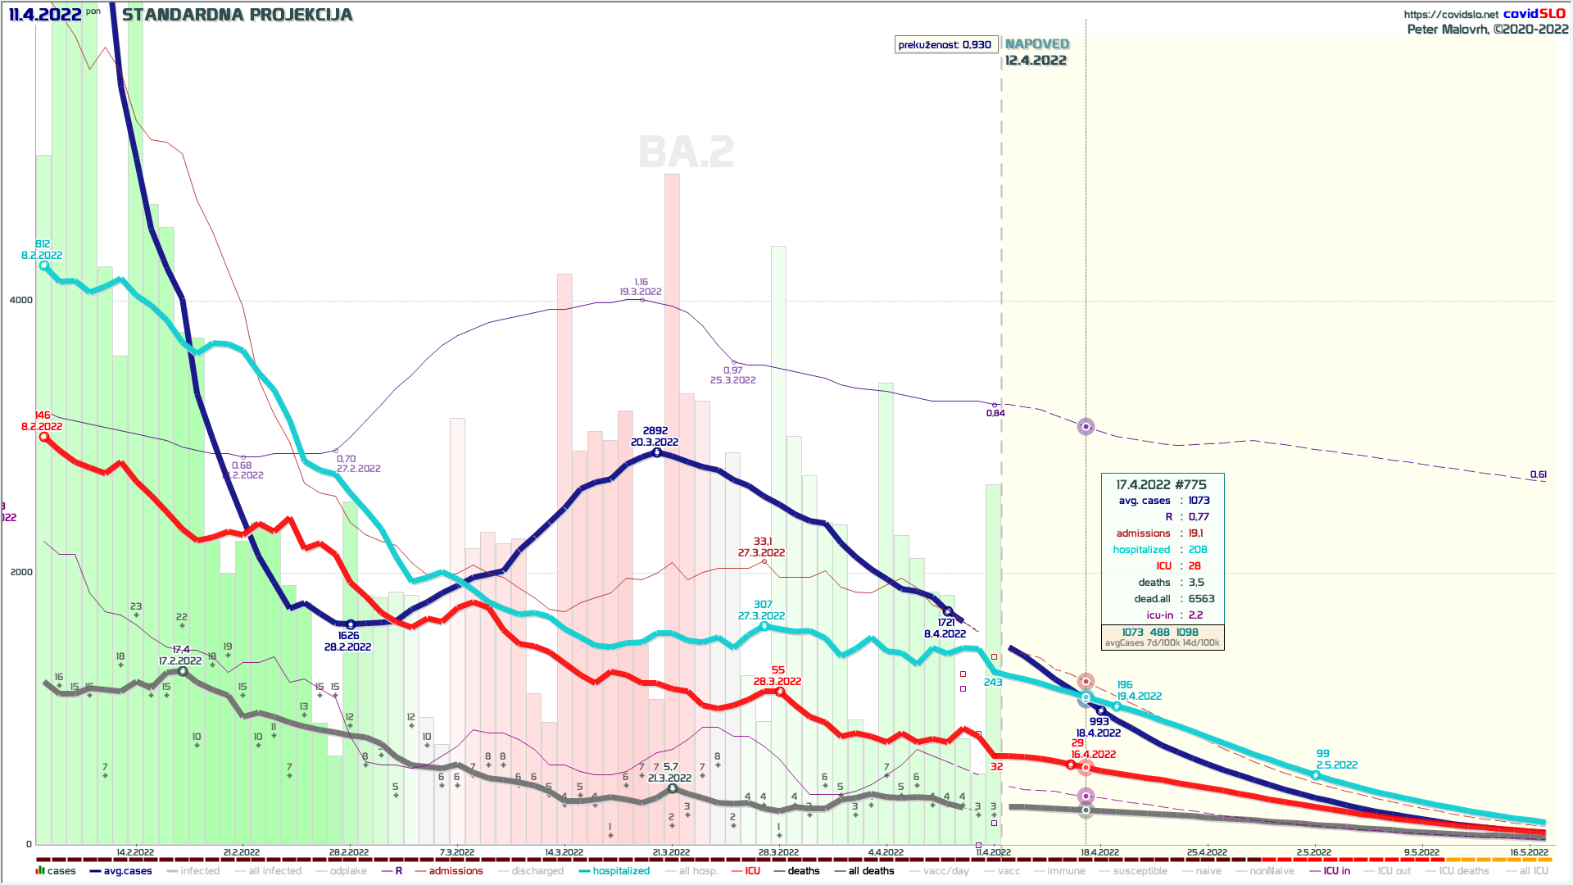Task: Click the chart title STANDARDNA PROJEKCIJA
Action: tap(237, 15)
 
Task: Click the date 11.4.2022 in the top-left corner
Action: tap(45, 15)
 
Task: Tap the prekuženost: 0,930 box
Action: tap(945, 45)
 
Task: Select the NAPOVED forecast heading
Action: tap(1037, 44)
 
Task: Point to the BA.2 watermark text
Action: tap(687, 152)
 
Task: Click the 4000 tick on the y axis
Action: tap(21, 300)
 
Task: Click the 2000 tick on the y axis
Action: tap(21, 572)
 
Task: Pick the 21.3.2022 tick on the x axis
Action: tap(671, 852)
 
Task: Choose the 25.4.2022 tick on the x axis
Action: tap(1207, 852)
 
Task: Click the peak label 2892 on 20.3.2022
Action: tap(655, 431)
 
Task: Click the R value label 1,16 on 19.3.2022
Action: tap(641, 282)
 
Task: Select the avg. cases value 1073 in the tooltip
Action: tap(1199, 501)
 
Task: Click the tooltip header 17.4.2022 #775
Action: tap(1161, 485)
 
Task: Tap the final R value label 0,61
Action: tap(1538, 475)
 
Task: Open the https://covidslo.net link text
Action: tap(1451, 15)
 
